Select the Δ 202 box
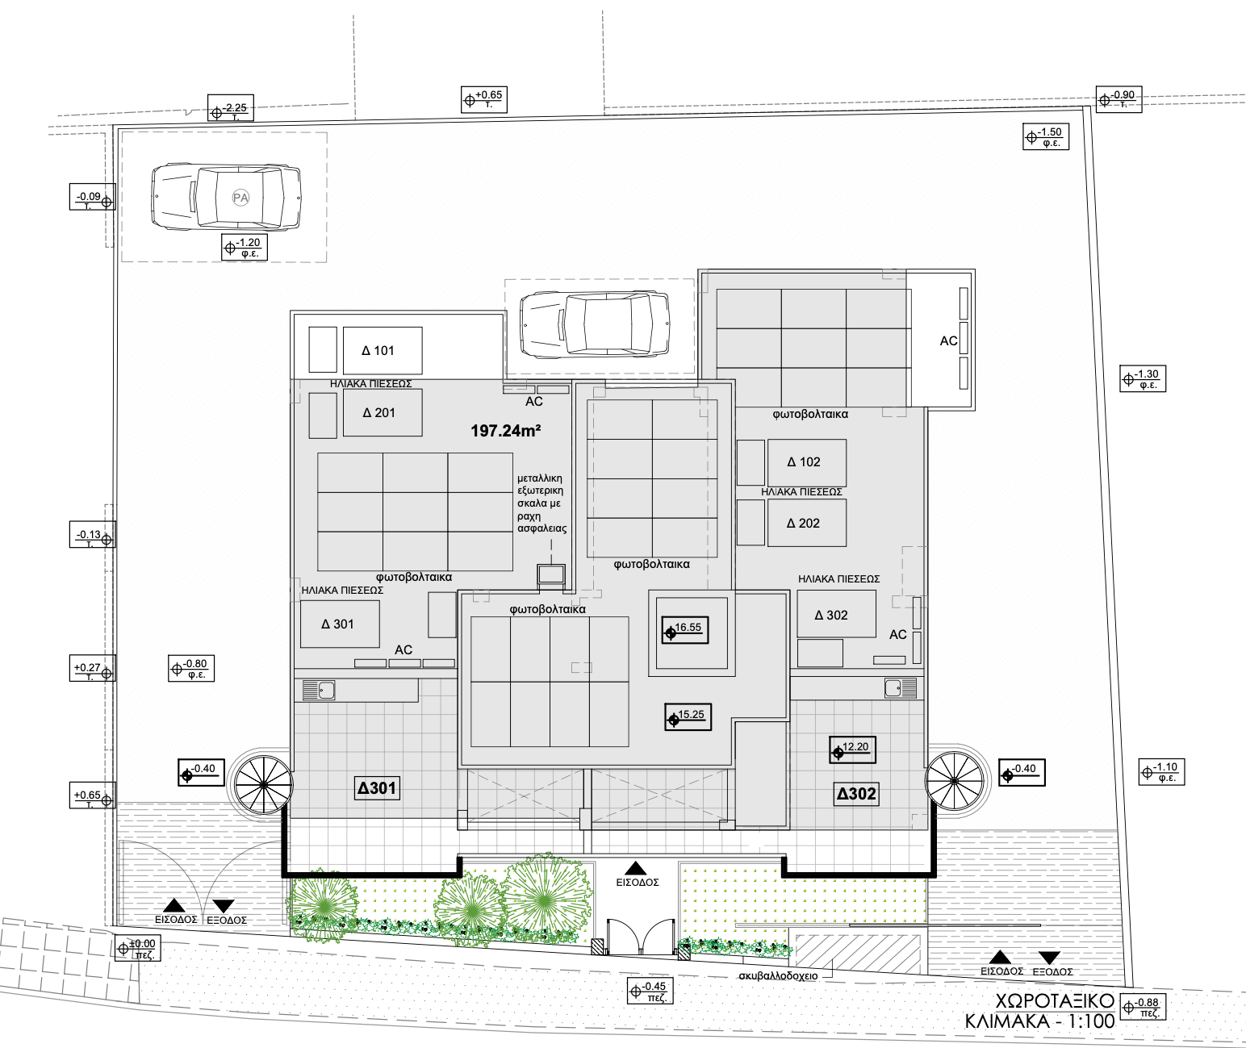tap(807, 523)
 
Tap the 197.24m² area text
tap(505, 431)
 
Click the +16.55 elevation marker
tap(685, 630)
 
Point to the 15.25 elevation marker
tap(688, 716)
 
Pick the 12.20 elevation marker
tap(853, 749)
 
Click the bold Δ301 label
tap(377, 788)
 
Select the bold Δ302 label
tap(856, 794)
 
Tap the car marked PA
tap(226, 196)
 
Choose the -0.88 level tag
tap(1143, 1008)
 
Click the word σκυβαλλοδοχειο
tap(778, 976)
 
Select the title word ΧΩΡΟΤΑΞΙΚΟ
tap(1055, 1000)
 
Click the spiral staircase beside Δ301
tap(263, 785)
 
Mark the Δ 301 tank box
tap(340, 624)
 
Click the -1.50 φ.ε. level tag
tap(1046, 136)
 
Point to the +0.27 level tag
tap(93, 669)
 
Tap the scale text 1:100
tap(1085, 1021)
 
